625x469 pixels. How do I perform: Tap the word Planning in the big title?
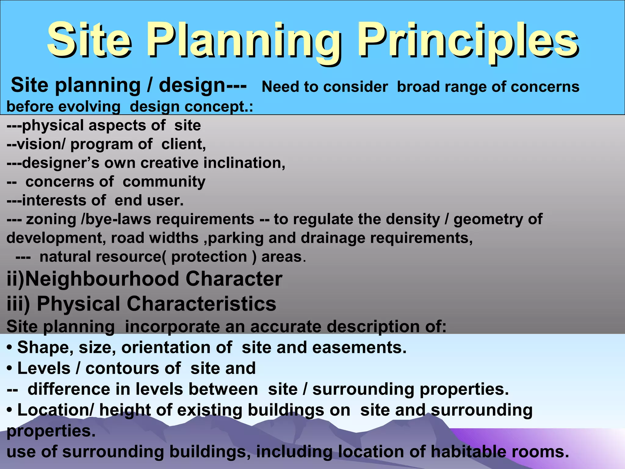[243, 41]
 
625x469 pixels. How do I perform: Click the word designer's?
[61, 163]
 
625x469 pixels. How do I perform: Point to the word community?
[164, 182]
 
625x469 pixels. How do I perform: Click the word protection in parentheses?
[209, 257]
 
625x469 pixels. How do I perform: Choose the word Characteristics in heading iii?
[201, 304]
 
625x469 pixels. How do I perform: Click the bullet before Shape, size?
[9, 348]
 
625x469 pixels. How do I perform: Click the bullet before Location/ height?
[9, 410]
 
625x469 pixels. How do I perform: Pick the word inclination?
[244, 163]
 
